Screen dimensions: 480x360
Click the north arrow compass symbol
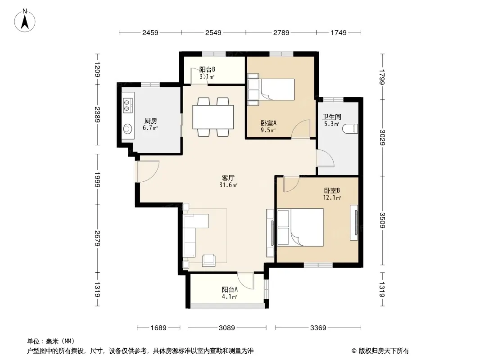[25, 21]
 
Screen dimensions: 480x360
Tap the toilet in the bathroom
[351, 129]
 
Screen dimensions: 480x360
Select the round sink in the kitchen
[127, 129]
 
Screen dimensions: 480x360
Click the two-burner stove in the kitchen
[127, 104]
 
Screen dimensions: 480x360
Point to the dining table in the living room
[213, 117]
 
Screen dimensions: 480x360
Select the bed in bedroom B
[301, 227]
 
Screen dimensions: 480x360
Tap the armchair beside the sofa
[209, 260]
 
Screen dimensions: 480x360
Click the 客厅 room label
[228, 178]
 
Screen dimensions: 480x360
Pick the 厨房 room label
[150, 121]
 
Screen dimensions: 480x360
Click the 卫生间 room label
[331, 117]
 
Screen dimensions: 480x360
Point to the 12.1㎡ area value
[332, 198]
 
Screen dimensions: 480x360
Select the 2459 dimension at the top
[150, 32]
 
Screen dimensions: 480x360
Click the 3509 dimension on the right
[382, 220]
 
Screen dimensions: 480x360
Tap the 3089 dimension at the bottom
[227, 328]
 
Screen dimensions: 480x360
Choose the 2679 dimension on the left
[97, 238]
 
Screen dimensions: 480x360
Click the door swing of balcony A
[246, 281]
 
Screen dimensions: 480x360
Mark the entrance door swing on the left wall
[148, 171]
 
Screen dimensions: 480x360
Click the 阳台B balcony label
[207, 69]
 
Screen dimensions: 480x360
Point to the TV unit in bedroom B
[354, 222]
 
